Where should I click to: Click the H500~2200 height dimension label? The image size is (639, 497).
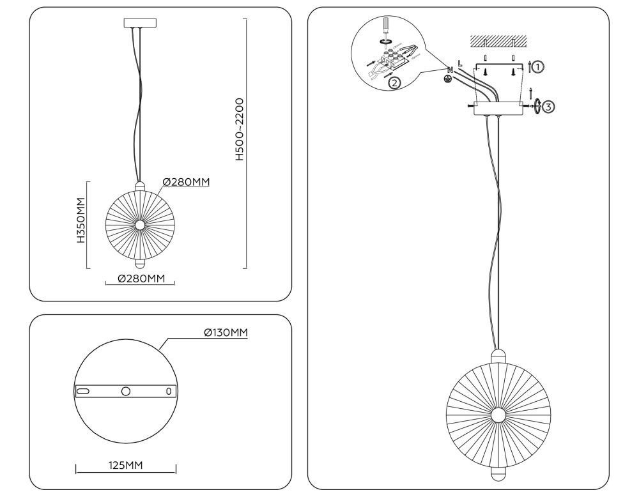tap(240, 130)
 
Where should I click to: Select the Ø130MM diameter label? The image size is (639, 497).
tap(226, 332)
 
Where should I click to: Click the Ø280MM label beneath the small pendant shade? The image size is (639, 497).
tap(139, 279)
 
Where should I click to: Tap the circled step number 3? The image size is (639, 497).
tap(548, 106)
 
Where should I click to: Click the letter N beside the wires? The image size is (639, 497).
tap(450, 69)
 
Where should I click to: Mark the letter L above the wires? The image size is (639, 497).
tap(460, 63)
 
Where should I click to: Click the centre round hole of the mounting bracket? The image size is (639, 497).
tap(126, 390)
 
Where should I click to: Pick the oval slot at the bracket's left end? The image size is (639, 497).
tap(84, 390)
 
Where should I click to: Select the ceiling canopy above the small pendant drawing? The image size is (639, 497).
tap(139, 23)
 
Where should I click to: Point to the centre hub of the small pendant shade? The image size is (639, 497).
tap(139, 224)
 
